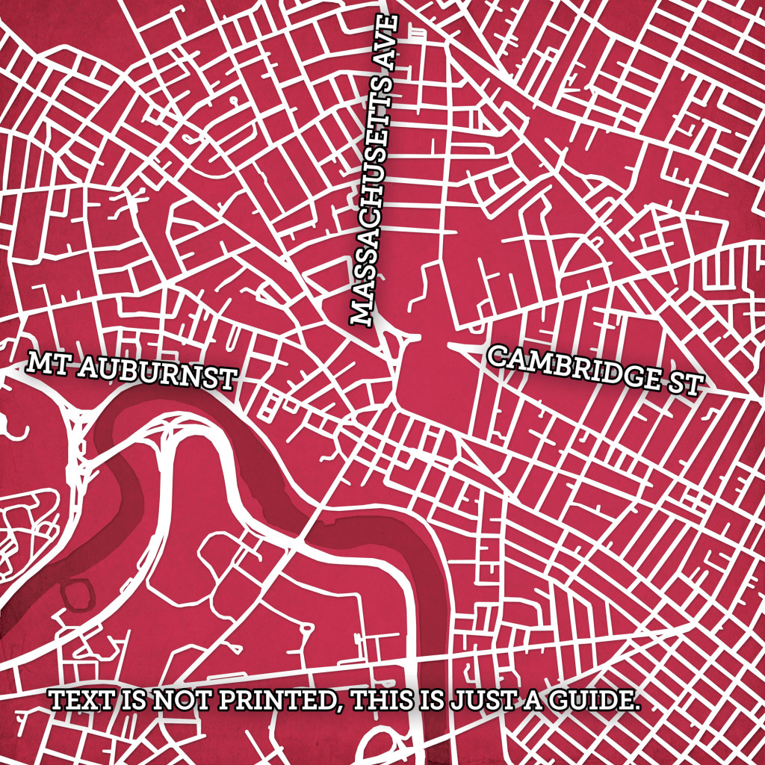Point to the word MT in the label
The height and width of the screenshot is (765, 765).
point(42,364)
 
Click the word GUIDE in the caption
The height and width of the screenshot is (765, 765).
point(591,701)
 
